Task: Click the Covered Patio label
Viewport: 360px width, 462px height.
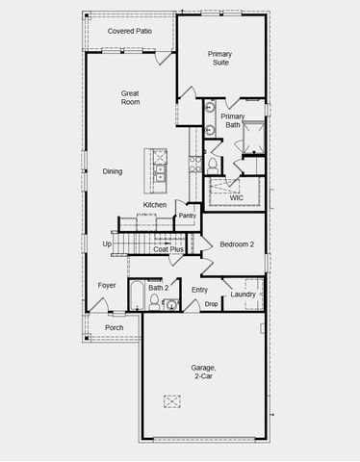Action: point(130,31)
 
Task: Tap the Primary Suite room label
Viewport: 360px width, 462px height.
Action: point(220,60)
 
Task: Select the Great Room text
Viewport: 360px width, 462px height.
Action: point(130,98)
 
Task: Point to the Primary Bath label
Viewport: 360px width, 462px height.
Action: point(232,120)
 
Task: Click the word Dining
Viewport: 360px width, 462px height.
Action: point(113,171)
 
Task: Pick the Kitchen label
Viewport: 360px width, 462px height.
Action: point(155,205)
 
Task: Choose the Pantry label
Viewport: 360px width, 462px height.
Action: point(187,216)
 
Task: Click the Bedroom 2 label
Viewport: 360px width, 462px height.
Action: point(236,244)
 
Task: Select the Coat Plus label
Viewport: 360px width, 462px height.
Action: point(168,249)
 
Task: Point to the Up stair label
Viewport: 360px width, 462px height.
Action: point(107,244)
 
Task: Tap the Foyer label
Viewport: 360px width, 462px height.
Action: point(107,285)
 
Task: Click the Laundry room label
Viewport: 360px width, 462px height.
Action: point(244,294)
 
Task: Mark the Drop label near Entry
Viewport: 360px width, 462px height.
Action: point(211,304)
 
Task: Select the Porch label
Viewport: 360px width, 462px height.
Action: point(114,327)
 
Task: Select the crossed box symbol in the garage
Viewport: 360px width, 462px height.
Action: point(173,401)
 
